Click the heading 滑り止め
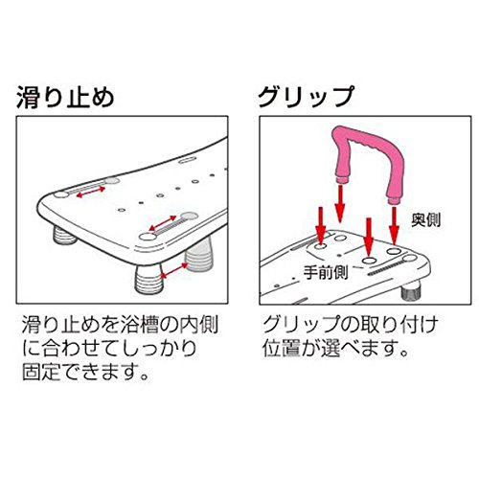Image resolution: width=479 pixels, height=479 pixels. click(x=65, y=97)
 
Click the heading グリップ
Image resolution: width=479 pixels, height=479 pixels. click(x=306, y=97)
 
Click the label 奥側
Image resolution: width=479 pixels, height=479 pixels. click(x=425, y=220)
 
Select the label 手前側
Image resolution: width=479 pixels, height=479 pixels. click(x=325, y=272)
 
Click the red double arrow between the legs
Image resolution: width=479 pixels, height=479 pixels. click(x=174, y=270)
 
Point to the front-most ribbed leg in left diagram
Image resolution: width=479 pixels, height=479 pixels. click(x=148, y=280)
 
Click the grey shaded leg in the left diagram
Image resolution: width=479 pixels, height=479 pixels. click(x=198, y=256)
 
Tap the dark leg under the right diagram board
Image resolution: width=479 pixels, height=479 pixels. click(x=411, y=290)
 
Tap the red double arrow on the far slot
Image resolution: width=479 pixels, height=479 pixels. click(x=91, y=192)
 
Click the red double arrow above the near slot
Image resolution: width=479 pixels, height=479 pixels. click(x=163, y=223)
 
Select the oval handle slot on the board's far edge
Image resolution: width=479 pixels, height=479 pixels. click(x=187, y=160)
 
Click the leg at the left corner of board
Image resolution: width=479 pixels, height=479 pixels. click(x=64, y=235)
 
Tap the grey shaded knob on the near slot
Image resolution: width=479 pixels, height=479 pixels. click(x=190, y=217)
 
